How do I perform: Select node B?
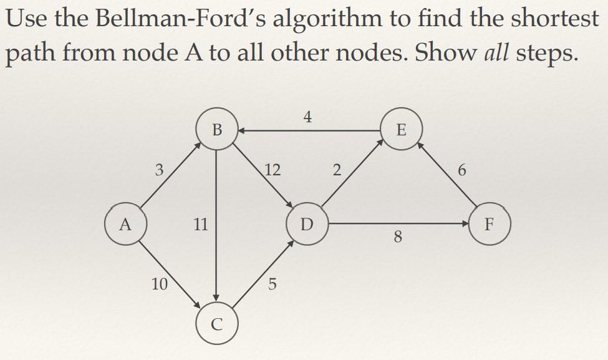[x=216, y=130]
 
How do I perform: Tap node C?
[x=216, y=323]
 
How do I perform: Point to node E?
[x=402, y=130]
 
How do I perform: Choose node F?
[x=490, y=223]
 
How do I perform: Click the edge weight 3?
[x=160, y=169]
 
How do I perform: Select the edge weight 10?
[x=159, y=285]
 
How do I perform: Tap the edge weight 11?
[x=200, y=224]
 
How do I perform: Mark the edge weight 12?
[x=273, y=169]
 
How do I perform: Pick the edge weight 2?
[x=337, y=170]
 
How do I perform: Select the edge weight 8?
[x=398, y=237]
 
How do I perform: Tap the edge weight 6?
[x=461, y=170]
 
